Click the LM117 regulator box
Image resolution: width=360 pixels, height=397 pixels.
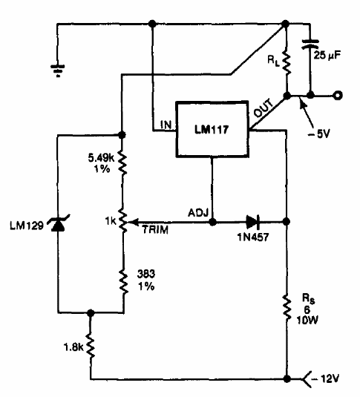click(x=213, y=128)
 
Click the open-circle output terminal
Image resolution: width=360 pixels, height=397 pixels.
click(x=338, y=95)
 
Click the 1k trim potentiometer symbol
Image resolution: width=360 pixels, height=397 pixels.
click(x=123, y=220)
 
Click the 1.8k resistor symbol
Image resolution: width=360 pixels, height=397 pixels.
click(x=91, y=345)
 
